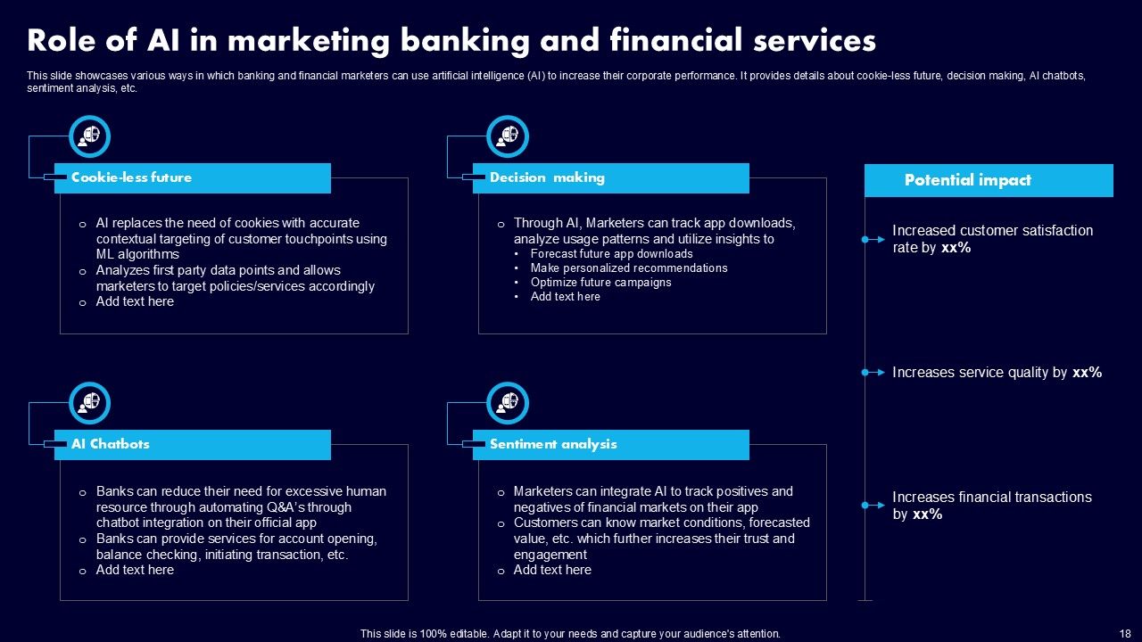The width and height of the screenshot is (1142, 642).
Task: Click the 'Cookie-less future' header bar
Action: pyautogui.click(x=192, y=178)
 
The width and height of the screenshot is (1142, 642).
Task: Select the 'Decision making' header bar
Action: pyautogui.click(x=610, y=178)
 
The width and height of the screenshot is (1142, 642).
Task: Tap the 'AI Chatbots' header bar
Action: pyautogui.click(x=192, y=444)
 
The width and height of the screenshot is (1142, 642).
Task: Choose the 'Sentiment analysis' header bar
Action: pyautogui.click(x=610, y=444)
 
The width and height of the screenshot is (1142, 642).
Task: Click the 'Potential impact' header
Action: pyautogui.click(x=989, y=180)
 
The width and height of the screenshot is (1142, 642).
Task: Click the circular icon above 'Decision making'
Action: pyautogui.click(x=508, y=136)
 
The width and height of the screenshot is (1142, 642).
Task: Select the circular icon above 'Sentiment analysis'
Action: pyautogui.click(x=508, y=403)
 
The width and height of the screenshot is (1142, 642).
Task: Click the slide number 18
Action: pyautogui.click(x=1124, y=634)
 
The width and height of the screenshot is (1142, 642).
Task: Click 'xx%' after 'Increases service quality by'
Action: pyautogui.click(x=1087, y=373)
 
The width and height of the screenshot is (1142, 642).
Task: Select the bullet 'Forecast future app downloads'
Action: pyautogui.click(x=611, y=254)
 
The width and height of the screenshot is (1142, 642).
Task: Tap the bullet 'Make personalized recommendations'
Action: pyautogui.click(x=628, y=268)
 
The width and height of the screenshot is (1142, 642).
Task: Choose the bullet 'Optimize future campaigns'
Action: pyautogui.click(x=600, y=283)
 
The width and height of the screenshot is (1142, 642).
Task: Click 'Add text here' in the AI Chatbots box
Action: pyautogui.click(x=135, y=570)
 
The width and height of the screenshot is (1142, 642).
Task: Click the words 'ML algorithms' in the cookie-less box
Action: pyautogui.click(x=137, y=255)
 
